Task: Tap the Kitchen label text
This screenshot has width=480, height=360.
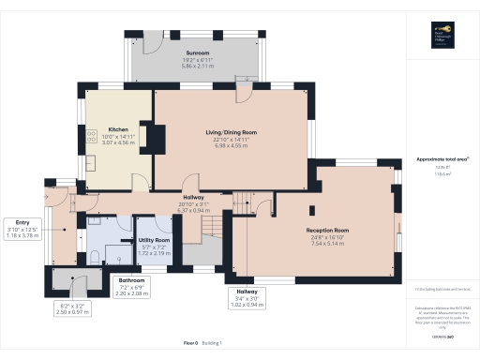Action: pyautogui.click(x=118, y=129)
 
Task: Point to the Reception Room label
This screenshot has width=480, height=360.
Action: pyautogui.click(x=327, y=230)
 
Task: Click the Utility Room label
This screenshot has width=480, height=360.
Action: pyautogui.click(x=153, y=241)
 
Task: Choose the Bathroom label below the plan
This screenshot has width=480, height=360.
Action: pyautogui.click(x=130, y=280)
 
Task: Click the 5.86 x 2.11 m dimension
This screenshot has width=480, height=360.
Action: pyautogui.click(x=197, y=66)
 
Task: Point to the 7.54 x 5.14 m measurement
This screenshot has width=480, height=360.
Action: pyautogui.click(x=327, y=243)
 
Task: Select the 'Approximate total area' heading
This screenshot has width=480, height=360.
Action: pyautogui.click(x=440, y=159)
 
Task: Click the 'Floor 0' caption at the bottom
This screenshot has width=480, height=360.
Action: pyautogui.click(x=190, y=343)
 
